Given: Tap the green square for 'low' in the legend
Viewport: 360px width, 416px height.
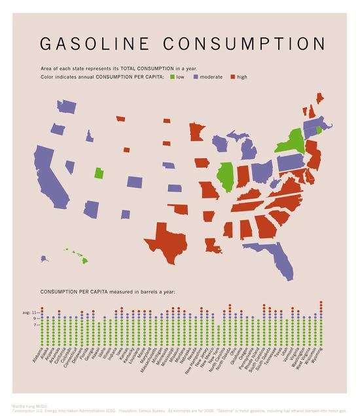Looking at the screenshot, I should (x=171, y=77).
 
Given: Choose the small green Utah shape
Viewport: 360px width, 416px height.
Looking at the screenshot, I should (x=98, y=173).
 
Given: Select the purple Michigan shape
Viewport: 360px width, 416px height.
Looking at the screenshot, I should (x=249, y=148).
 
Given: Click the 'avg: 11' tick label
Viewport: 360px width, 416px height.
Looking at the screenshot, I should (x=29, y=313).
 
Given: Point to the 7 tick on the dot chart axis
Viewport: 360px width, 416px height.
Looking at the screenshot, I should (x=35, y=324).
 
